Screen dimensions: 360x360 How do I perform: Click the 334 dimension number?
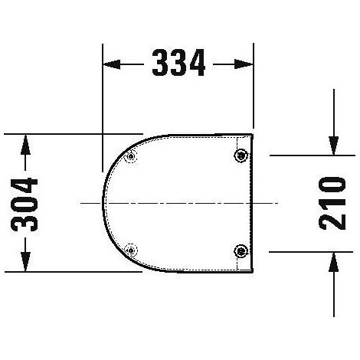[x=178, y=63]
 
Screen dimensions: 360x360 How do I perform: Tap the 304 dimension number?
[x=25, y=205]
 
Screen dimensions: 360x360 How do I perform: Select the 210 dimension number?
[x=332, y=203]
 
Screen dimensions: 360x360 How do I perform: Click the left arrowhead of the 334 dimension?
[x=112, y=64]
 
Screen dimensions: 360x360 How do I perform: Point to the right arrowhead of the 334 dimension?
[x=244, y=64]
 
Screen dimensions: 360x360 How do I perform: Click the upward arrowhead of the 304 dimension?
[x=25, y=145]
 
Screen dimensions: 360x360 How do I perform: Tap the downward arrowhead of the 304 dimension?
[x=25, y=262]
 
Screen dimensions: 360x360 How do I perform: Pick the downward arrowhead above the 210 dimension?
[x=334, y=146]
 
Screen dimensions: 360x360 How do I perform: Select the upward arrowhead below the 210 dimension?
[x=334, y=262]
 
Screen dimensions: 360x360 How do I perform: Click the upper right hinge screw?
[x=241, y=155]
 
